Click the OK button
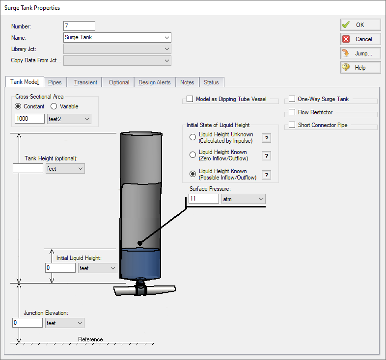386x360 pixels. click(360, 25)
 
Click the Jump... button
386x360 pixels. click(360, 53)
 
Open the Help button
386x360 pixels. click(360, 68)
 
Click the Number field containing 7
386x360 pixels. click(79, 26)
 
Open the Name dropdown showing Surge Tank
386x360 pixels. click(117, 38)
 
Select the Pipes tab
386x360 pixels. click(55, 82)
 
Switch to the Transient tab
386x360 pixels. click(85, 82)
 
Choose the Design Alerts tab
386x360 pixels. click(154, 82)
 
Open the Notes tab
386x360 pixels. click(187, 82)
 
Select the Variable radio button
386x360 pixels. click(55, 106)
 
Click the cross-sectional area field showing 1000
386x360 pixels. click(29, 119)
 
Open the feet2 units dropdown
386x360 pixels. click(69, 119)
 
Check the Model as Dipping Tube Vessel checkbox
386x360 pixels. click(190, 99)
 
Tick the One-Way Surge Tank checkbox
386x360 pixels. click(292, 99)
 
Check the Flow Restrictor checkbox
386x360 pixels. click(292, 112)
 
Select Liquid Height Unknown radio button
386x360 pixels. click(193, 137)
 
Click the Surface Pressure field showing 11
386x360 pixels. click(203, 199)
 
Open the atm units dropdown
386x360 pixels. click(244, 199)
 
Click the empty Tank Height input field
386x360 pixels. click(28, 168)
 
